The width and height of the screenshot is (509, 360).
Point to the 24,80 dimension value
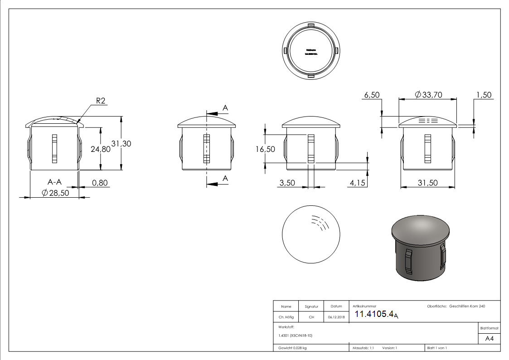point(100,149)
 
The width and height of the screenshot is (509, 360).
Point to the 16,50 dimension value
point(265,149)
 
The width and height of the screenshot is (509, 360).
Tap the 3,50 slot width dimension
point(287,182)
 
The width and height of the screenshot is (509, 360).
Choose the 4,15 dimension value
point(358,182)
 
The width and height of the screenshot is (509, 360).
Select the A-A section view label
point(55,182)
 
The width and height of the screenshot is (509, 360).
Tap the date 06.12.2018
point(336,317)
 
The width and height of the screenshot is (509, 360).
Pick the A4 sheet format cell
point(489,339)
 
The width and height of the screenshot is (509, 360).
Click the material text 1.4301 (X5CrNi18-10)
point(296,336)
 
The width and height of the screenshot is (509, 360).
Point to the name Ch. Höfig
point(286,317)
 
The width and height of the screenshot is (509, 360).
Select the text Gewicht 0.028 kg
point(293,348)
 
